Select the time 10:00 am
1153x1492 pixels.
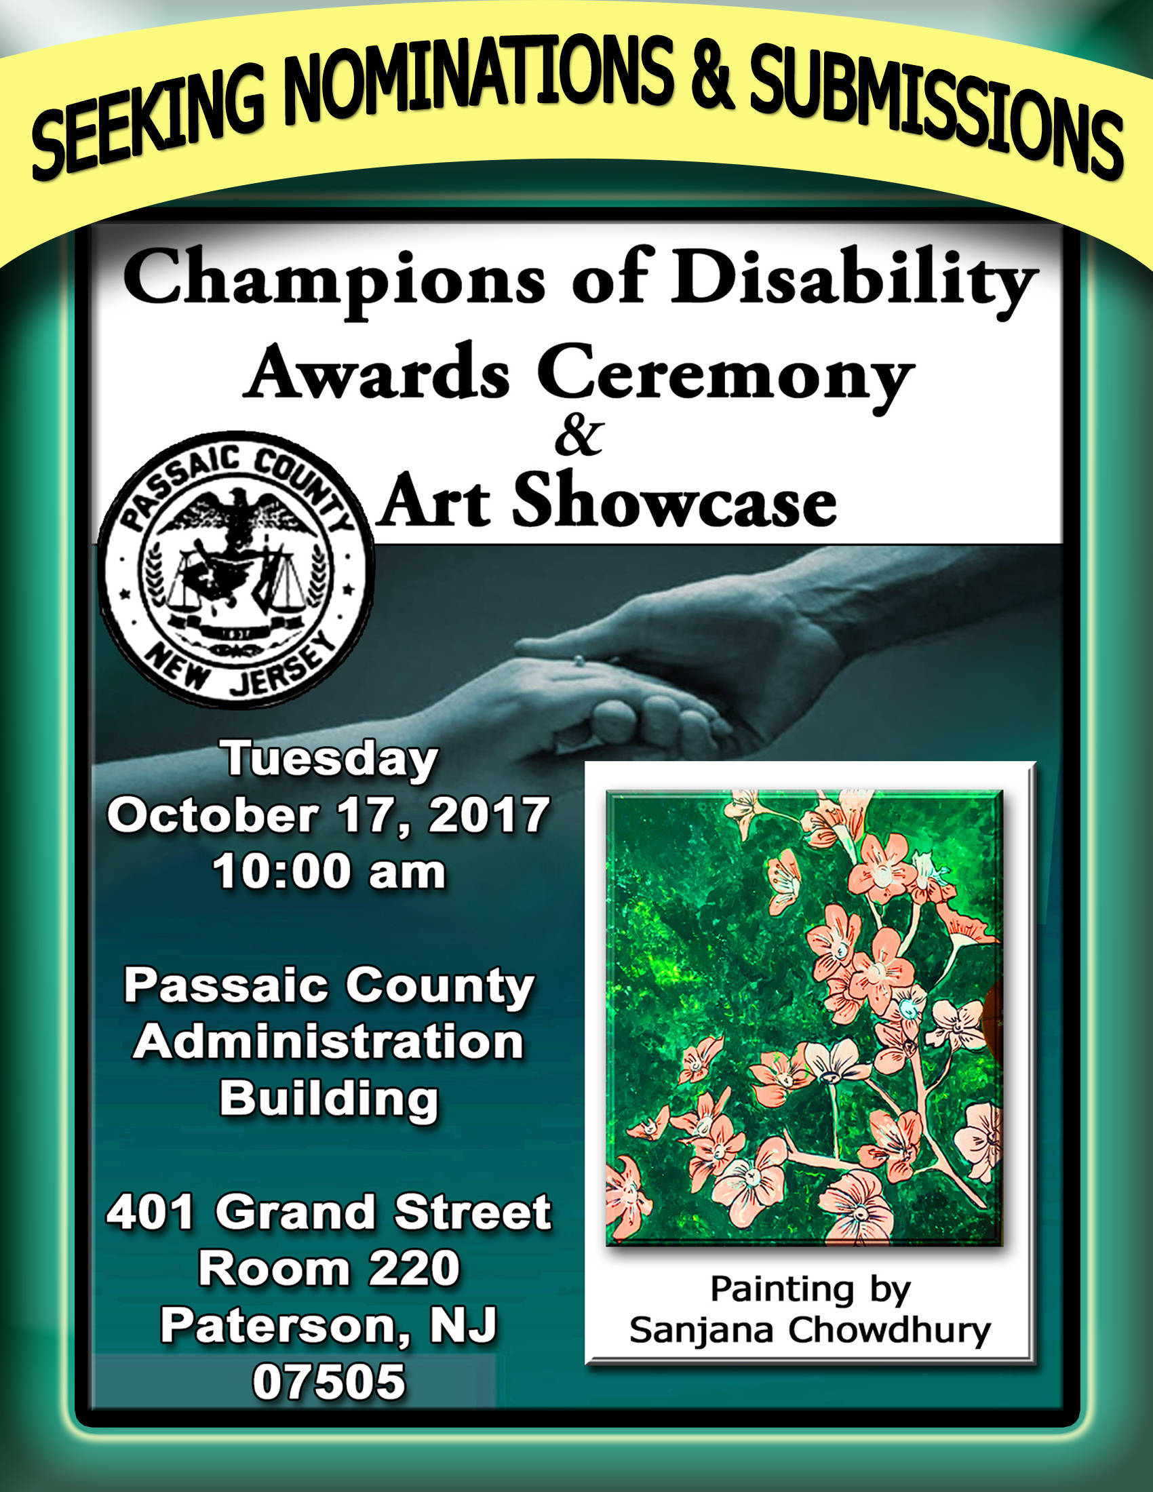(328, 871)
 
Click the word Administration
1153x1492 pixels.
(328, 1042)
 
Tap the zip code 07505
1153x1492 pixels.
(328, 1381)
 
